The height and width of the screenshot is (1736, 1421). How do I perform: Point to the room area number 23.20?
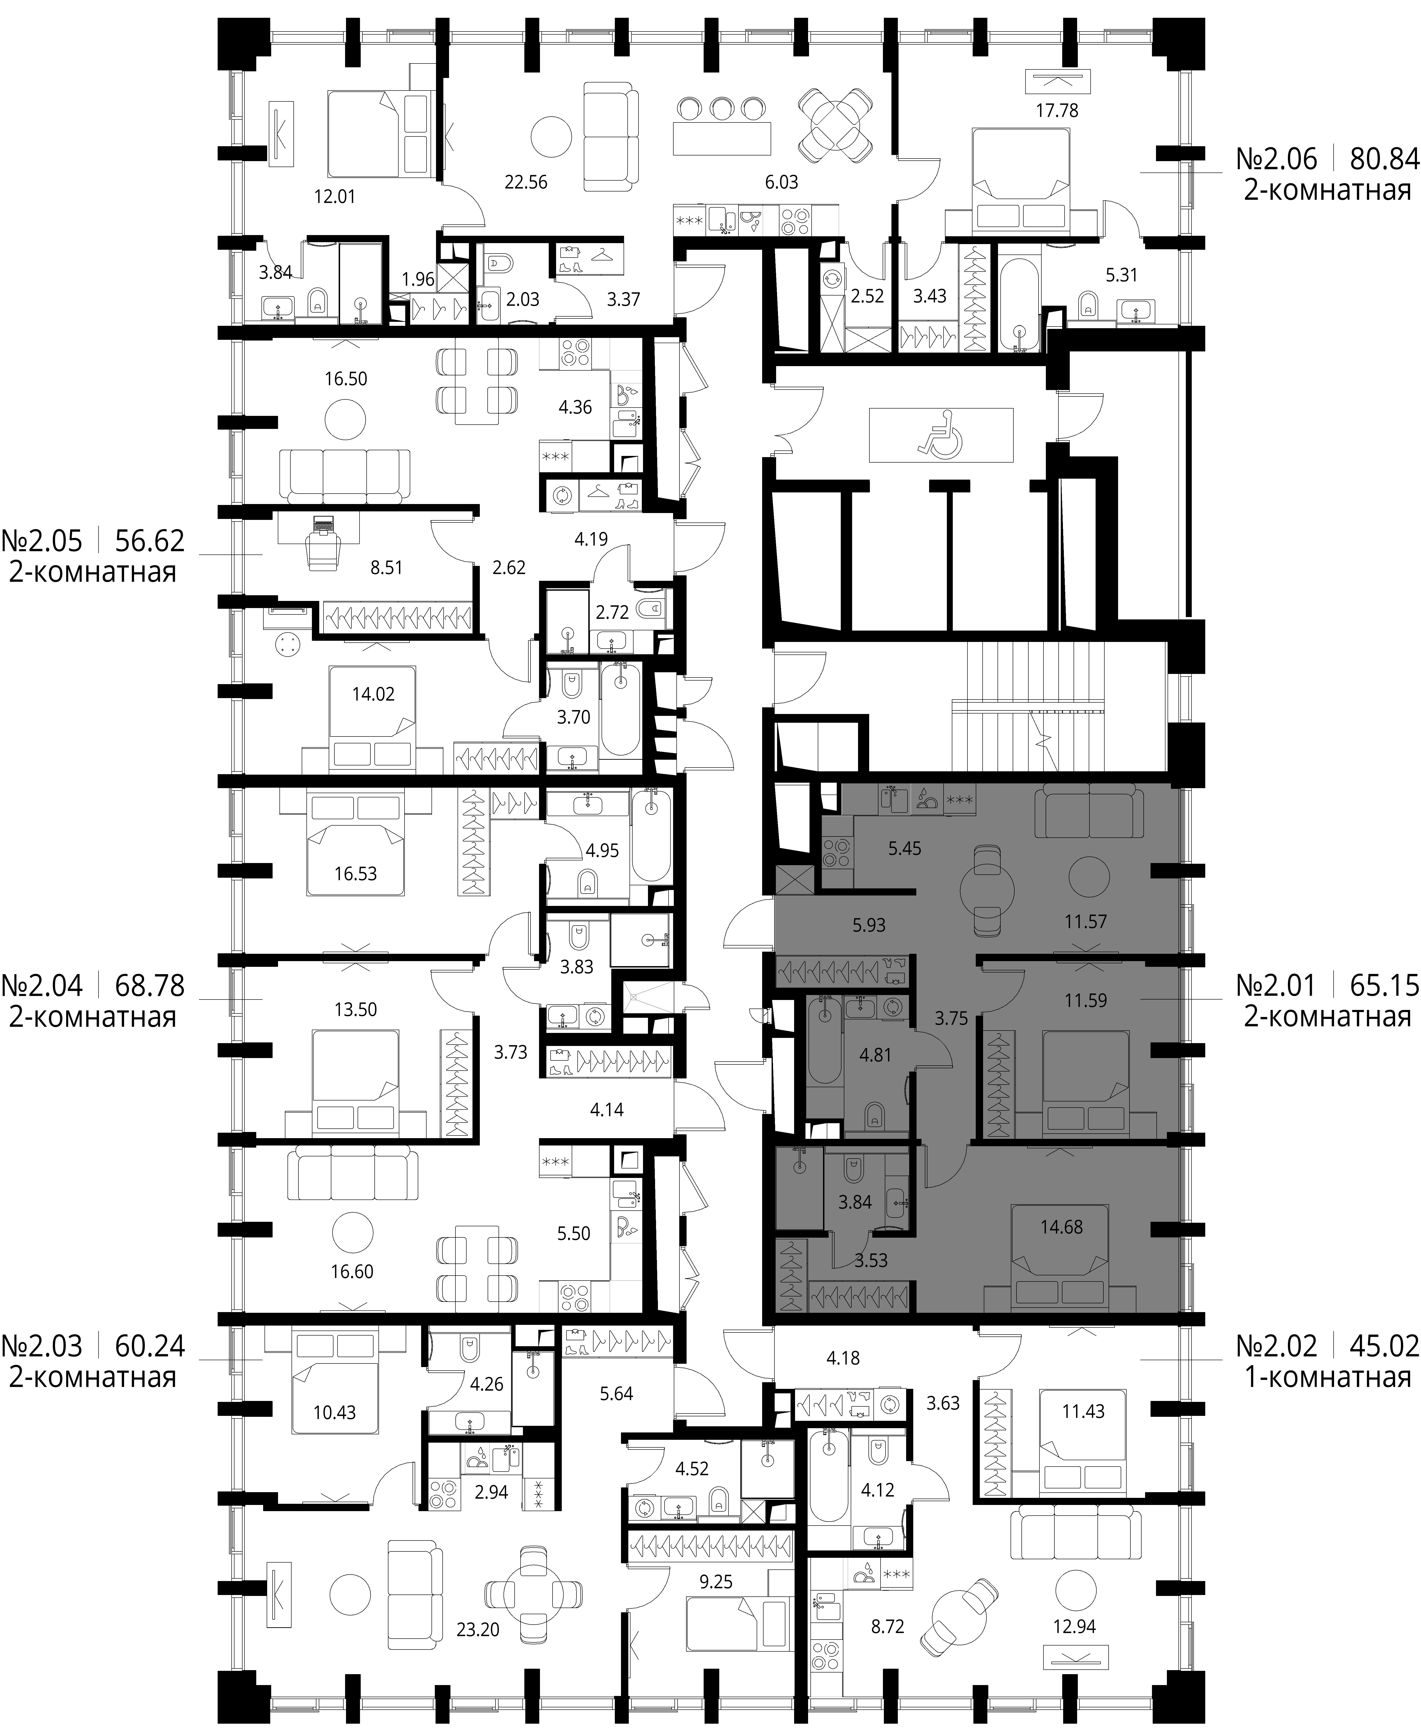tap(478, 1630)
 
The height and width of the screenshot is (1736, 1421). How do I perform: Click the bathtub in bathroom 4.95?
tap(651, 835)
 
